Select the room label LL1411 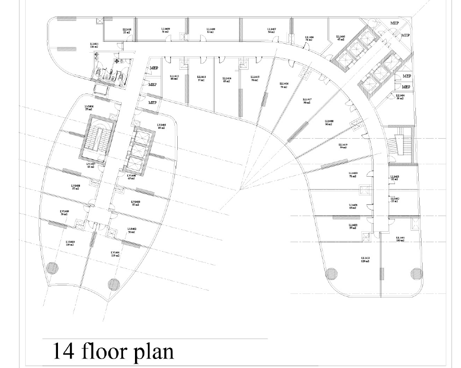coord(94,44)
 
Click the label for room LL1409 coord(166,28)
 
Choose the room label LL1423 coord(365,258)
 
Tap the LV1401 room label coord(115,252)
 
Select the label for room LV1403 coord(136,201)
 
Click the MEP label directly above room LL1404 coord(405,87)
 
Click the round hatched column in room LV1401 coord(113,283)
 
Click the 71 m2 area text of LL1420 coord(353,177)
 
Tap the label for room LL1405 coord(340,37)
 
